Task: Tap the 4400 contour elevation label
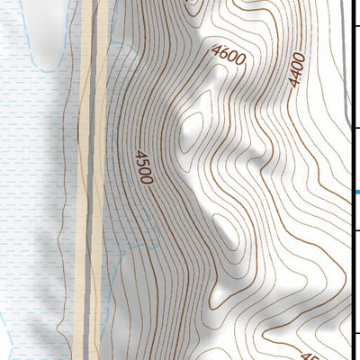point(298,69)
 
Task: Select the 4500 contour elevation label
point(142,167)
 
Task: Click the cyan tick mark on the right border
point(355,193)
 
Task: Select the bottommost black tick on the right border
point(356,336)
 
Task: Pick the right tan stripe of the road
point(101,180)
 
